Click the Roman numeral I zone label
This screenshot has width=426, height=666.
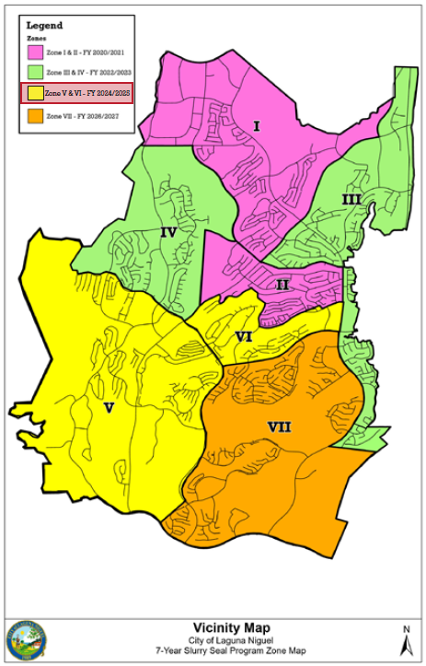click(257, 125)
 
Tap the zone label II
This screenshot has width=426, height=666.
click(282, 285)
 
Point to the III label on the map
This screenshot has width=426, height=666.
click(351, 199)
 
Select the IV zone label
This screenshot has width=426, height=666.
click(168, 232)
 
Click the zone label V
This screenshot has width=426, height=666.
click(109, 406)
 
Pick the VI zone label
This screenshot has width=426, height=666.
click(244, 336)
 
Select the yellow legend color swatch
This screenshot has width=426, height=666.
click(36, 93)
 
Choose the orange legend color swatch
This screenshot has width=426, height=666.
click(36, 117)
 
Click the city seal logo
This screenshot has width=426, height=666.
click(27, 637)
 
